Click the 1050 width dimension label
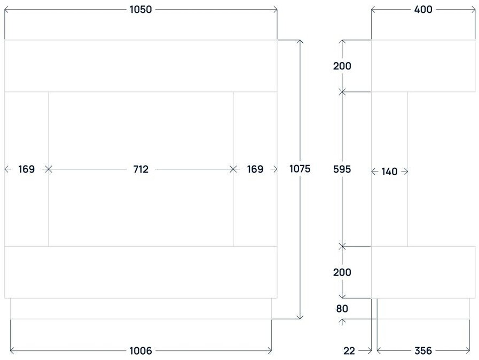point(141,9)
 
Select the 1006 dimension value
point(141,351)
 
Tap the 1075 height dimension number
point(300,169)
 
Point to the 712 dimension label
point(141,169)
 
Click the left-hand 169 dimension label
point(26,169)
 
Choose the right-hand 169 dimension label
point(255,169)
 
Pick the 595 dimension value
point(342,169)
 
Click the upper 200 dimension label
point(342,66)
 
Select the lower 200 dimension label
point(342,272)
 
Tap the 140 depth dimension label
point(390,171)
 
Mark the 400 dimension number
point(423,9)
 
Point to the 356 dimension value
point(423,351)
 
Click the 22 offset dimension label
point(349,351)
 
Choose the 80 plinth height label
point(342,308)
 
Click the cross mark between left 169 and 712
point(49,169)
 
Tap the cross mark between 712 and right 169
point(233,169)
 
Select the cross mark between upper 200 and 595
point(342,92)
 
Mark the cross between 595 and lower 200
point(342,246)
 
